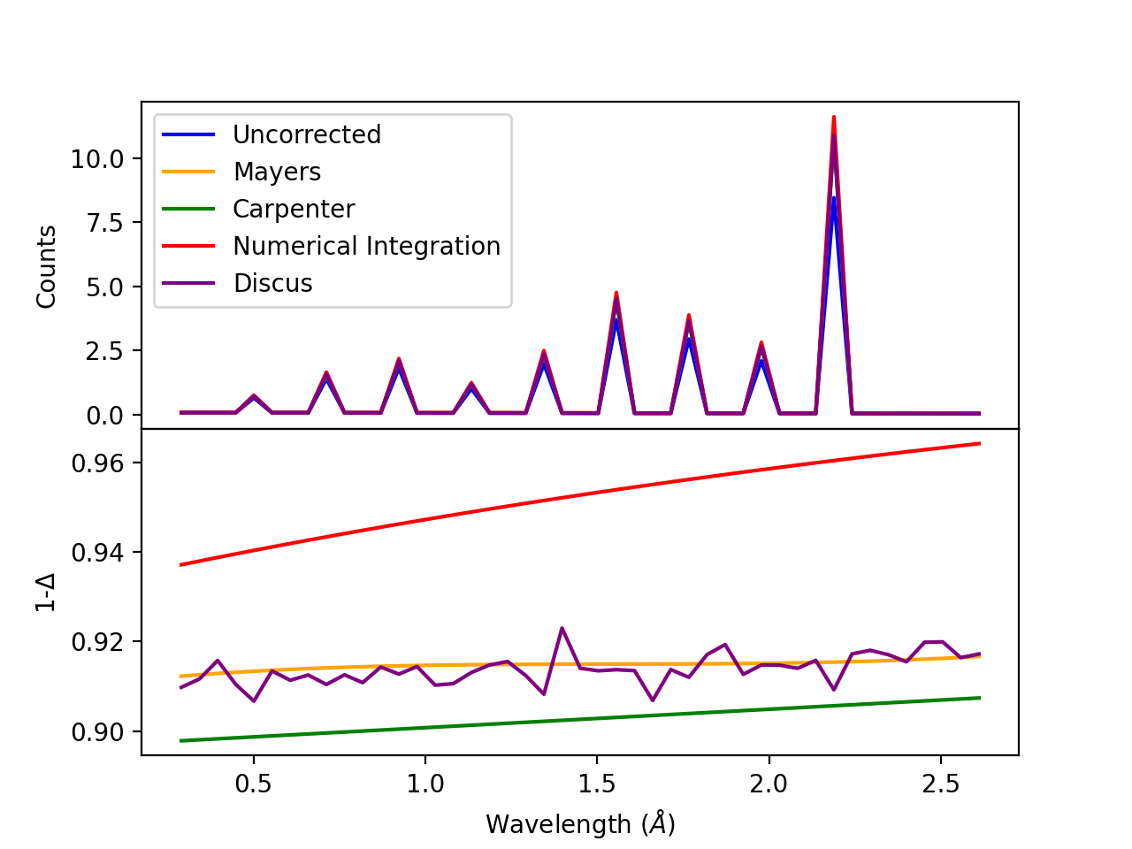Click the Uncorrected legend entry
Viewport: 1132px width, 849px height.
tap(306, 134)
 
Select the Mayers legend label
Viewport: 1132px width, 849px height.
tap(277, 172)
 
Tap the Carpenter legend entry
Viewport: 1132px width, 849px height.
tap(293, 209)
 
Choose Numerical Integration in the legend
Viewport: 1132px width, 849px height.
tap(366, 246)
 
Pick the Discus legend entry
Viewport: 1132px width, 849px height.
tap(272, 283)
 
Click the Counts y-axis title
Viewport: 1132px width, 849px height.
tap(47, 266)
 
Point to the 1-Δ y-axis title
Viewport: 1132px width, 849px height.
tap(47, 592)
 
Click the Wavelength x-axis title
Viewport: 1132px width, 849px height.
tap(580, 824)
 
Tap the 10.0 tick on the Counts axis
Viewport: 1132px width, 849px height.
tap(97, 159)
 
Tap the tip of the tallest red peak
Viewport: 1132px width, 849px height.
tap(833, 117)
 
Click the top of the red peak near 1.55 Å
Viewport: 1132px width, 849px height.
tap(616, 292)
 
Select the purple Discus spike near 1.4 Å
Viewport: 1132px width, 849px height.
tap(562, 628)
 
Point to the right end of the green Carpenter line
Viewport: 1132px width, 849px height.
tap(980, 698)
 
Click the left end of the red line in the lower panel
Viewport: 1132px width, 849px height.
tap(180, 564)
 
